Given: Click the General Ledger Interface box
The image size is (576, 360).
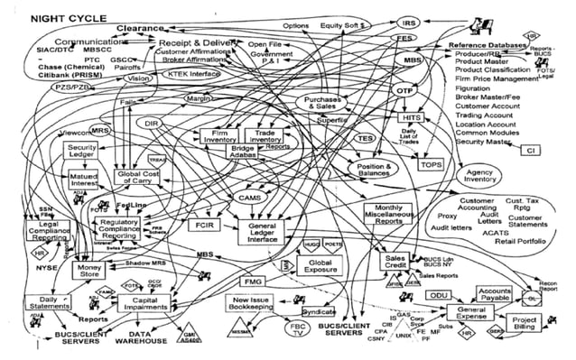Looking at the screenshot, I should click(268, 231).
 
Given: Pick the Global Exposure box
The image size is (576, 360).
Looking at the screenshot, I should click(321, 266).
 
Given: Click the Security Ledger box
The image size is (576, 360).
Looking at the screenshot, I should click(83, 151).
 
